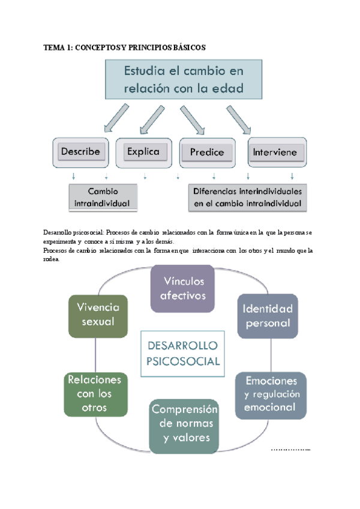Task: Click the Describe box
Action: pos(81,152)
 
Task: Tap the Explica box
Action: pos(143,152)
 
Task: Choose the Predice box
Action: pos(207,152)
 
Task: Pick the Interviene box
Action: pos(273,152)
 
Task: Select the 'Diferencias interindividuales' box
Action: pos(248,197)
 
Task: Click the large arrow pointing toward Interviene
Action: pos(238,119)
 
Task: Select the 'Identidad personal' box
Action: pos(267,316)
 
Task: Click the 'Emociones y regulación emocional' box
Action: pos(270,394)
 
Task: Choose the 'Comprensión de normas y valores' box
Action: pos(184,424)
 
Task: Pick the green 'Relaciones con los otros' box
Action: pos(95,394)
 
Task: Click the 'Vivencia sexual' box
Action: pos(98,315)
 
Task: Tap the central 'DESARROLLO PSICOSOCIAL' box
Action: pos(182,354)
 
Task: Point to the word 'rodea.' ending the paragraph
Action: pos(52,259)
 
